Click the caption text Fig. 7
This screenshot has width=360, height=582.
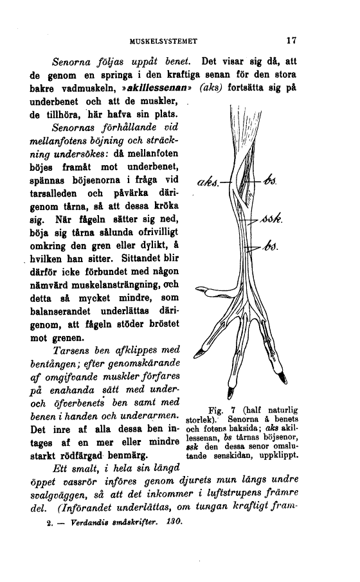[221, 409]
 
